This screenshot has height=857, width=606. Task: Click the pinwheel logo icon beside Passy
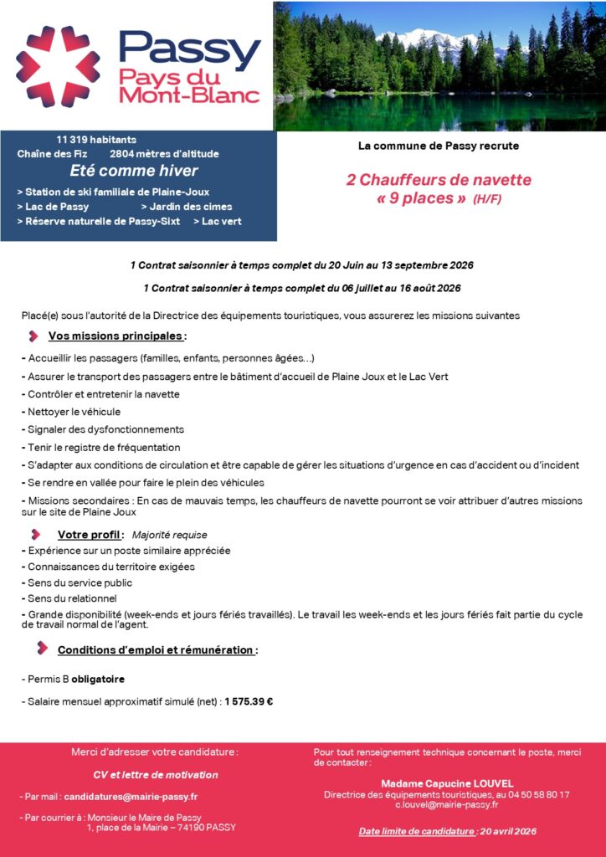59,67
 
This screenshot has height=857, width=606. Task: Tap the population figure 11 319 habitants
96,139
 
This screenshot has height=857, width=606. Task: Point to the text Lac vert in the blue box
221,221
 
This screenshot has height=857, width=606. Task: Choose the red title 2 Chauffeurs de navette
439,180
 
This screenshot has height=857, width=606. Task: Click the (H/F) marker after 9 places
487,200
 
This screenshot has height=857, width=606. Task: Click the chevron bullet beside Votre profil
35,535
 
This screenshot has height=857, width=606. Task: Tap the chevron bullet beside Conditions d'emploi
41,649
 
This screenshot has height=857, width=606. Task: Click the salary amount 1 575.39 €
249,702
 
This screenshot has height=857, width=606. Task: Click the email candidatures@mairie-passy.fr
131,796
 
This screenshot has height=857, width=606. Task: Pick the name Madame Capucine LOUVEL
447,783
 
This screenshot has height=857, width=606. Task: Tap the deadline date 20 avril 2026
507,832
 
